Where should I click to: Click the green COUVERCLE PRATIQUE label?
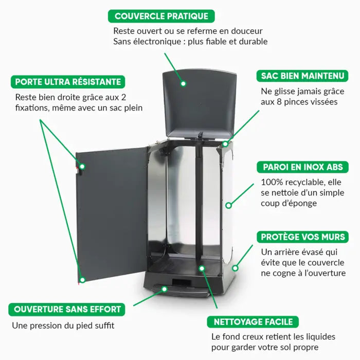tap(161, 16)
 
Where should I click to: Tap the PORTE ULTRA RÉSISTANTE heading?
tap(68, 82)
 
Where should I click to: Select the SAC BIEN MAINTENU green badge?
tap(302, 76)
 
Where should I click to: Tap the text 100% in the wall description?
tap(272, 182)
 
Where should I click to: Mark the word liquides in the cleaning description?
tap(318, 337)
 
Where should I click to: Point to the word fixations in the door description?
tap(33, 108)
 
